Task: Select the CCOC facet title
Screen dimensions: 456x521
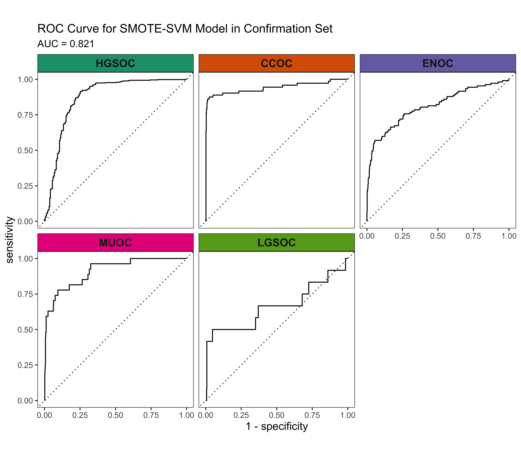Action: (277, 63)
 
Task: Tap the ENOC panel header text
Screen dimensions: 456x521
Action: (438, 63)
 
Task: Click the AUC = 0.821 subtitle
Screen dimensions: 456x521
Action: (66, 44)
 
